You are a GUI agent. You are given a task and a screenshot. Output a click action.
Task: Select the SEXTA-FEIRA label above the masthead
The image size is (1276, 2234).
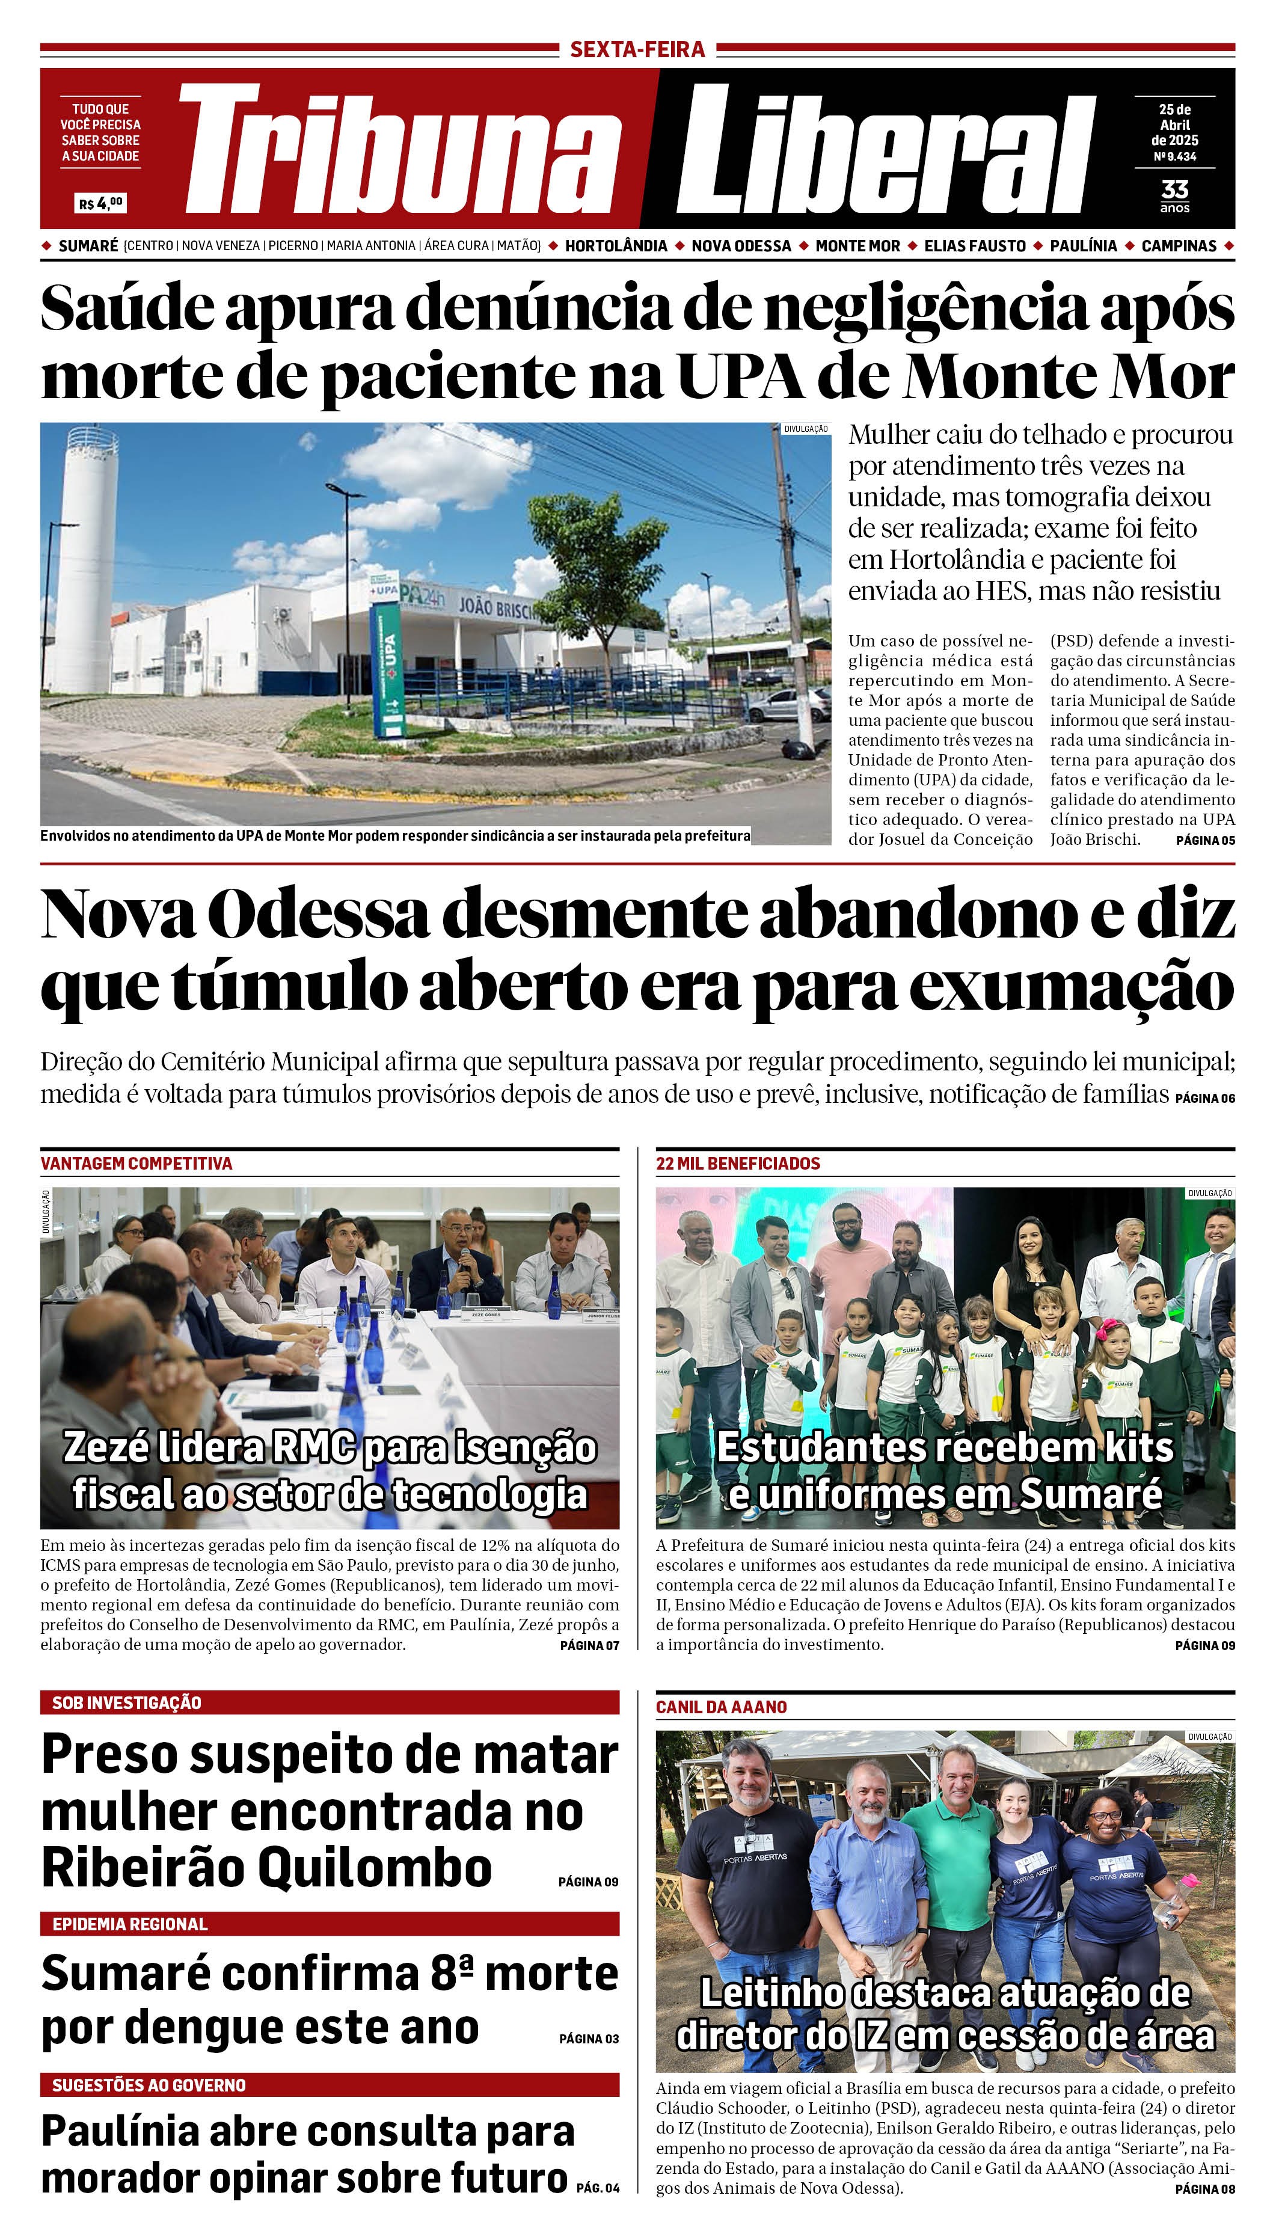(x=637, y=50)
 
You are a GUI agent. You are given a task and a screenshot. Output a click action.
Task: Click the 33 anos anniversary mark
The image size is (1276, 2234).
(x=1174, y=195)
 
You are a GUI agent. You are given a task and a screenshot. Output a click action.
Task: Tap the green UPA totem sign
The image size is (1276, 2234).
(x=389, y=666)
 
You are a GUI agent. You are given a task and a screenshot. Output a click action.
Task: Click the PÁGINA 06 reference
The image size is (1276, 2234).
(x=1205, y=1098)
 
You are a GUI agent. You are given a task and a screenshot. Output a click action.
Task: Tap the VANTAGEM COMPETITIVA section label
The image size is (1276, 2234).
(x=136, y=1164)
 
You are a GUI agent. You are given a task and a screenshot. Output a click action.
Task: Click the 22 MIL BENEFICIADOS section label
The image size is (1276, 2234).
(x=738, y=1164)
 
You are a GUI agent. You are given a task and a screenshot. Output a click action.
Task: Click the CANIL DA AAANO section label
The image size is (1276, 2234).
(x=721, y=1707)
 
